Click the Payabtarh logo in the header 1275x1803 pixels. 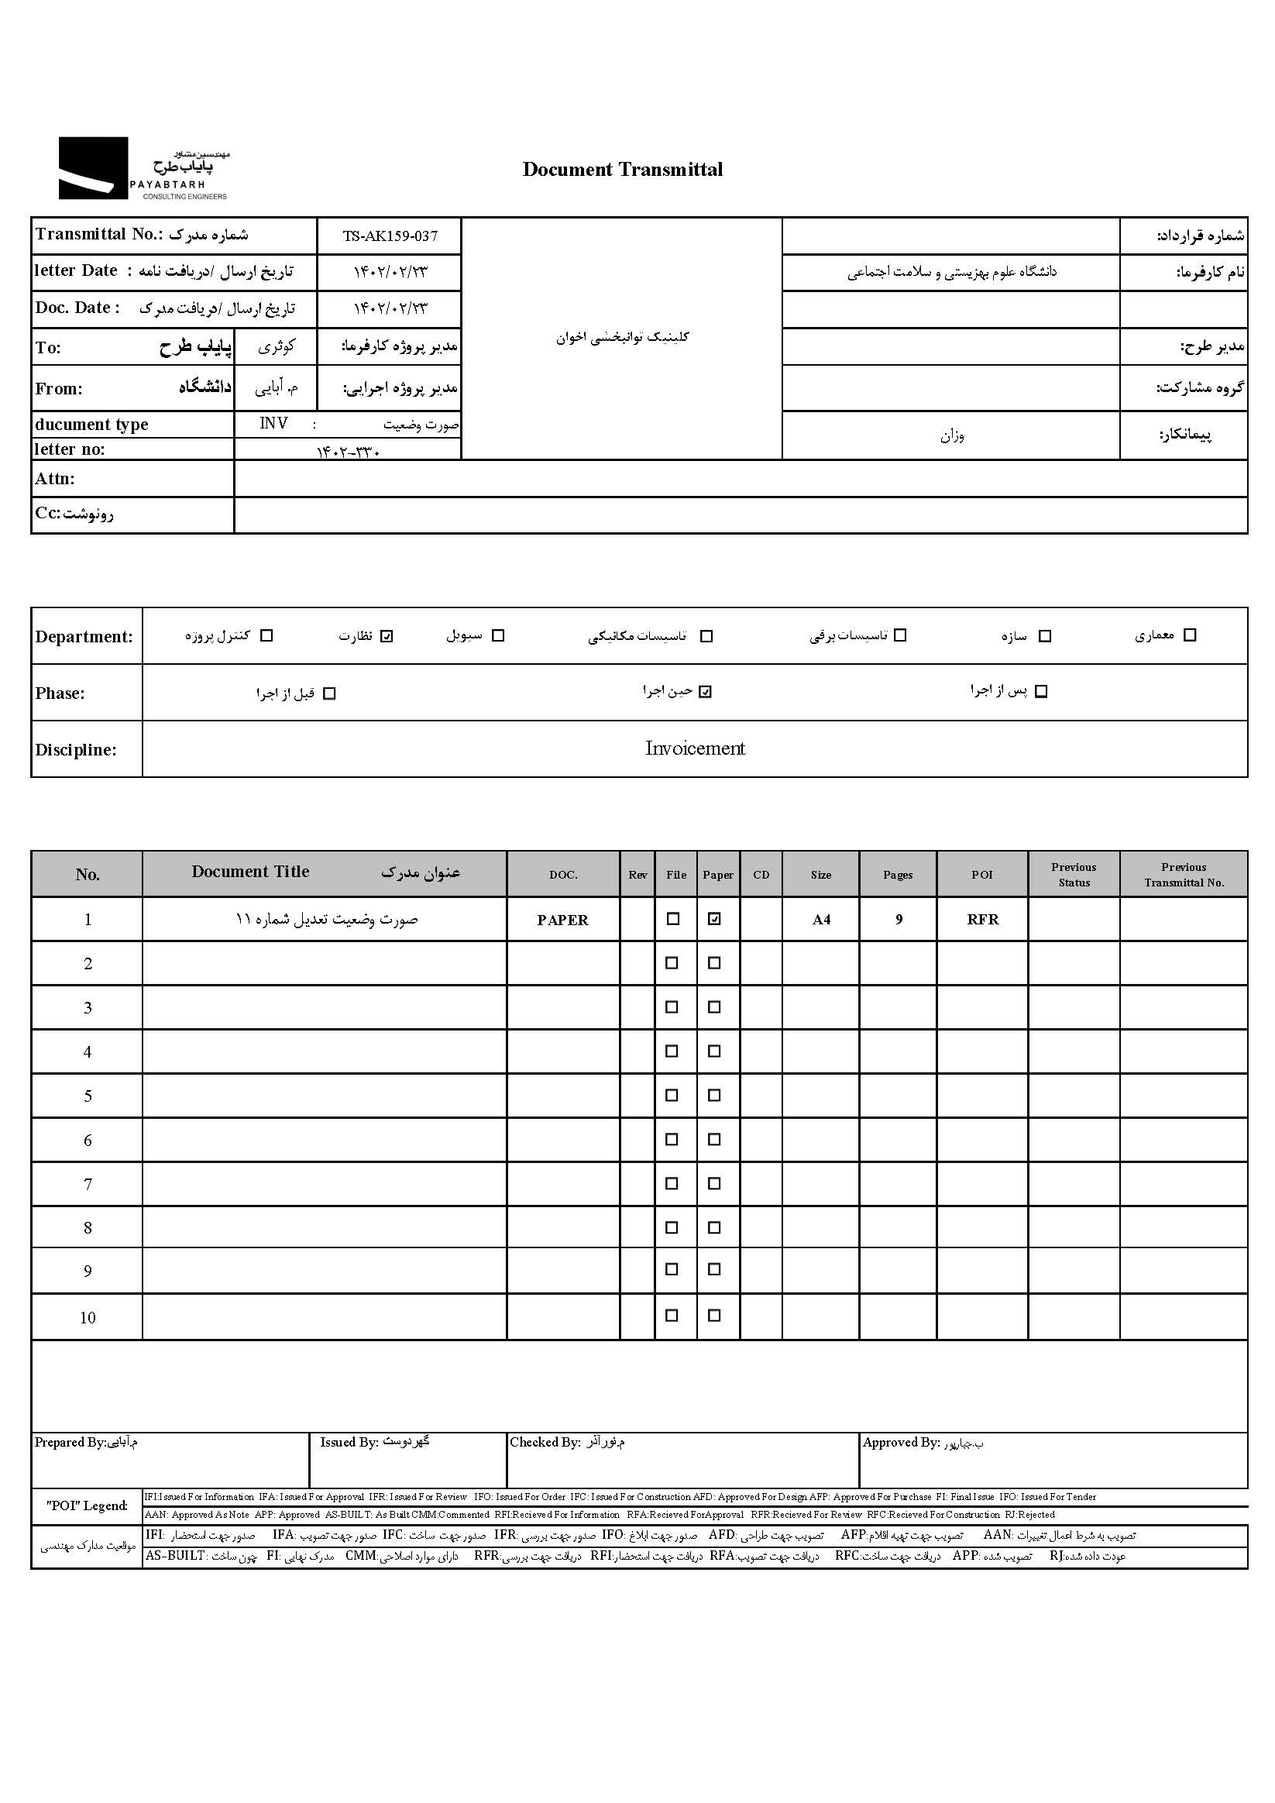coord(143,168)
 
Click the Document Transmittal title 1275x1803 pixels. coord(622,170)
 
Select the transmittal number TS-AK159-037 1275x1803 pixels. coord(390,236)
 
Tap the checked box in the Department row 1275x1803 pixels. coord(387,636)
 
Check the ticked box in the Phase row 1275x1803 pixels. coord(705,692)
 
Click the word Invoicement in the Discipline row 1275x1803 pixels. coord(694,748)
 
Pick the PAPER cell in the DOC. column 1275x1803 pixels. coord(562,920)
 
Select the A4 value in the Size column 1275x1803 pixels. coord(820,920)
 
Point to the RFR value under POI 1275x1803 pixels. coord(982,920)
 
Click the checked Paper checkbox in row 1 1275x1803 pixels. coord(713,919)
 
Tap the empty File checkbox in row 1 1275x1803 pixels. coord(673,919)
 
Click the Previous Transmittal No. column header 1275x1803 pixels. coord(1183,875)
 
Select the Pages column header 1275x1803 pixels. coord(897,875)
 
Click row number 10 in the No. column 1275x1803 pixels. coord(88,1318)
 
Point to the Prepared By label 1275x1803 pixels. coord(70,1443)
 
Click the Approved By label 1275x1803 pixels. coord(901,1443)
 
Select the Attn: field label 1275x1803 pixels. coord(55,479)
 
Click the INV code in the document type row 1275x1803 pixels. coord(273,424)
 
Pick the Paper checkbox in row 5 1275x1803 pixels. coord(713,1096)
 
